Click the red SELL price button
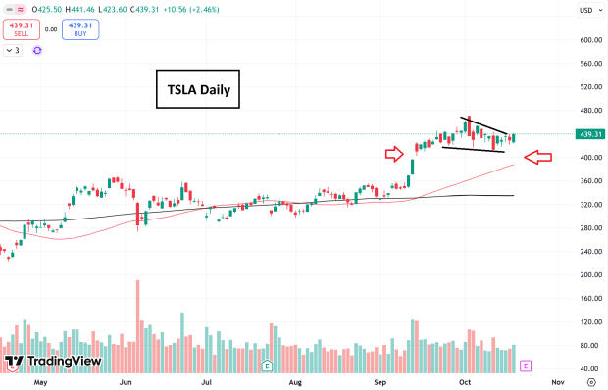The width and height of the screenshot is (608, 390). point(22,28)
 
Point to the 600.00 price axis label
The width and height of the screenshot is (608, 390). point(589,40)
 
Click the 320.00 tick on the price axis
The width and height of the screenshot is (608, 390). point(589,205)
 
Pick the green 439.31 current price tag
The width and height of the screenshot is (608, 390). point(589,134)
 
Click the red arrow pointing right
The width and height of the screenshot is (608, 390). point(393,153)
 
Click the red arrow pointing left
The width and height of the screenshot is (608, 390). point(538,157)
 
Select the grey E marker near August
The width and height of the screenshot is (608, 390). point(267,366)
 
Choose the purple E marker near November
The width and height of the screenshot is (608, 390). point(526,366)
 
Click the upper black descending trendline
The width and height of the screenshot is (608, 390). point(484,126)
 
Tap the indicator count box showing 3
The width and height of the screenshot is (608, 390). point(13,50)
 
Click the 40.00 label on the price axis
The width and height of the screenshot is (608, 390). point(589,369)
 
